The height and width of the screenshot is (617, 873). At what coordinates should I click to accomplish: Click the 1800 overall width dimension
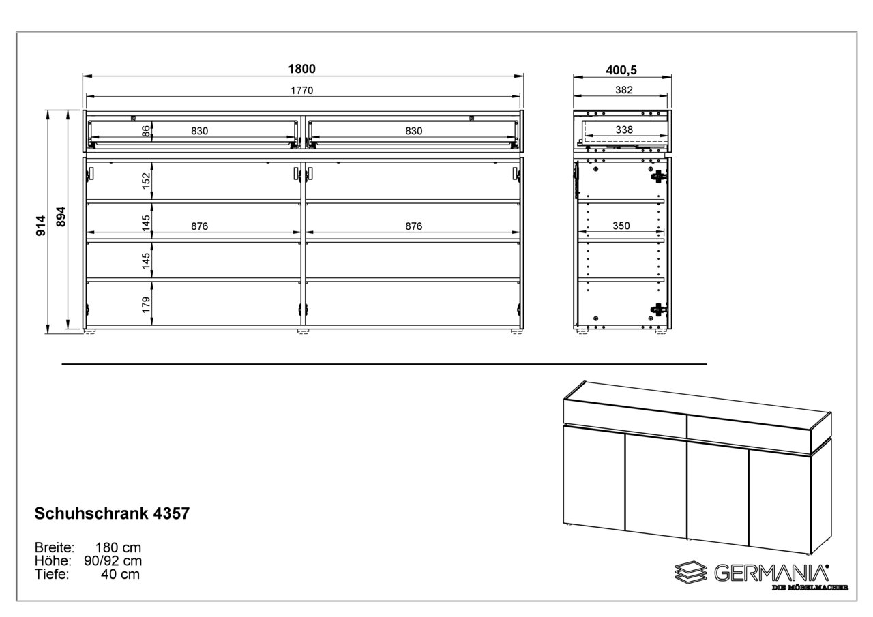pos(301,69)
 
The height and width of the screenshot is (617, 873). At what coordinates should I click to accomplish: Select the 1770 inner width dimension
pos(301,91)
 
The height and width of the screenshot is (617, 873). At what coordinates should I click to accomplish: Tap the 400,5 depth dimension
pos(621,70)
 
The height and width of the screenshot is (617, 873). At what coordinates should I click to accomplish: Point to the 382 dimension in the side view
pos(623,90)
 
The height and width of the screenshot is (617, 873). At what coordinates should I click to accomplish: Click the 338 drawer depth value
pos(624,130)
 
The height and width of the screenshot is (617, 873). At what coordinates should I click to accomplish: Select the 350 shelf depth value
pos(621,226)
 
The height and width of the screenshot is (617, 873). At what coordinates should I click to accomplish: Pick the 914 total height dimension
pos(41,226)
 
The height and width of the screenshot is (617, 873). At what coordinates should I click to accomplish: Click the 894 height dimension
pos(61,217)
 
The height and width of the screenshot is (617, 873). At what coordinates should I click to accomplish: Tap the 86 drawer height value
pos(145,132)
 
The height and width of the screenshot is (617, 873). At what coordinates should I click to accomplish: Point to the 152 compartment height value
pos(146,181)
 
